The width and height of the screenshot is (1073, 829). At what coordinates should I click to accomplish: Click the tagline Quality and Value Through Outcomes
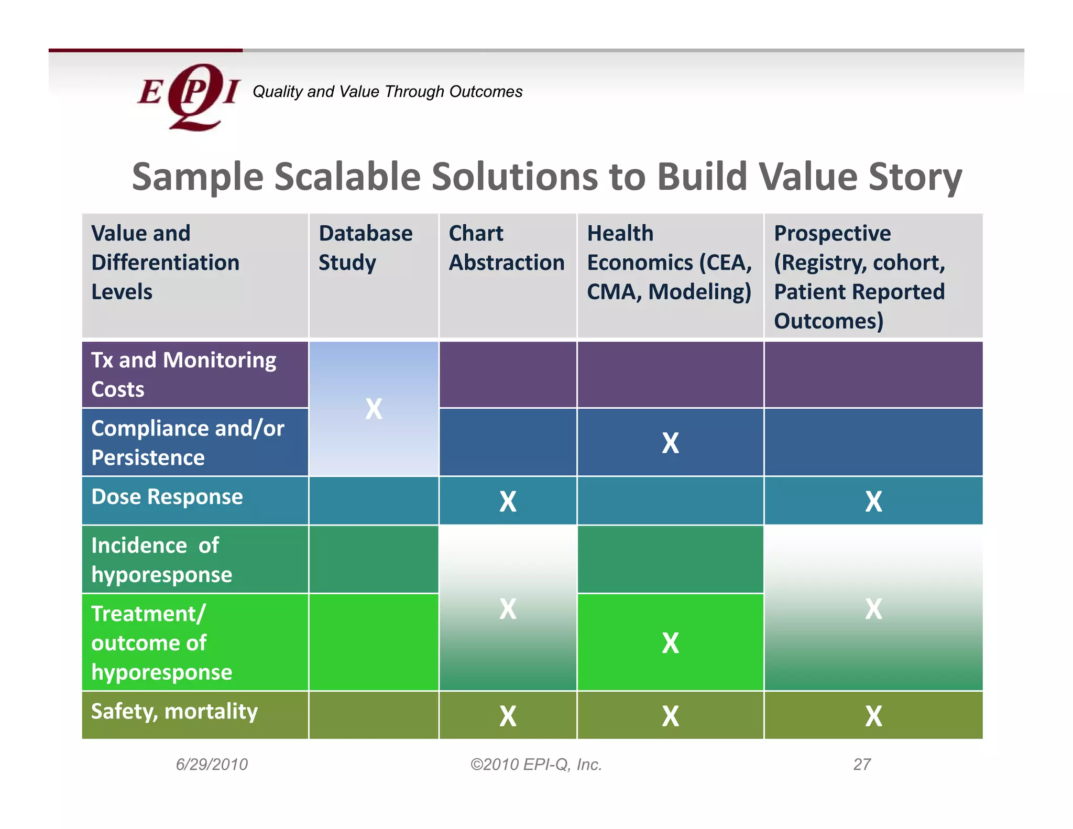[387, 92]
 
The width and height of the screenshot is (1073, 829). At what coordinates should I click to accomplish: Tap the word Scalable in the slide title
[347, 177]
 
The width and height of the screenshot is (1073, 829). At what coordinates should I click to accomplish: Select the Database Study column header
[365, 248]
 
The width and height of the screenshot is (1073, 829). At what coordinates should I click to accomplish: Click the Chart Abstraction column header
[506, 248]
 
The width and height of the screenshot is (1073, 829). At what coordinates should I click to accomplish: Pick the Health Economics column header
[669, 263]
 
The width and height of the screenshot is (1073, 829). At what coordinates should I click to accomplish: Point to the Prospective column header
[859, 277]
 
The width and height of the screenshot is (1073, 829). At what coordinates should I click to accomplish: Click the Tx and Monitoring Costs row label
[183, 375]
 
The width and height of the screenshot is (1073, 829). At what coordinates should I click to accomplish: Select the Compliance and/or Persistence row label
[188, 443]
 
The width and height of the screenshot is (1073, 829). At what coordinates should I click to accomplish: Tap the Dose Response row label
[167, 497]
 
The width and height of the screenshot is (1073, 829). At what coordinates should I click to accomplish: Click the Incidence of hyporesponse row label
[161, 560]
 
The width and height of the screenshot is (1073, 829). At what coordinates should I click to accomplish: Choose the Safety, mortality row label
[174, 712]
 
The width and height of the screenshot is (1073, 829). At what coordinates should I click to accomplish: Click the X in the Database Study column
[374, 409]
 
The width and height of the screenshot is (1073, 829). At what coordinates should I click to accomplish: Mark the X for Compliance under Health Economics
[670, 443]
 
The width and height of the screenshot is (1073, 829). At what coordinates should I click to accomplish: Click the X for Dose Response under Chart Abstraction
[507, 501]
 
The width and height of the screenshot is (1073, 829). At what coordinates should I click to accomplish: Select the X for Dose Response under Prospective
[873, 501]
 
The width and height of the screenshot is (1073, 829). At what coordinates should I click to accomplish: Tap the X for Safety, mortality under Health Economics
[670, 716]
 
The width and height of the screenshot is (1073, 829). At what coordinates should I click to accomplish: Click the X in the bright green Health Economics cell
[670, 643]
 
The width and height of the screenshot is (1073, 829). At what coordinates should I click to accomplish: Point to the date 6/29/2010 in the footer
[212, 765]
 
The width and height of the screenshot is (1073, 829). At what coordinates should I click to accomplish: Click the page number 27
[862, 765]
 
